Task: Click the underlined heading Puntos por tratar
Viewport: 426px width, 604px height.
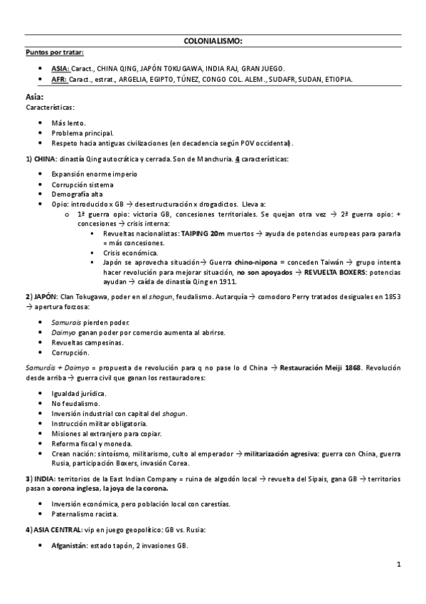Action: pos(54,52)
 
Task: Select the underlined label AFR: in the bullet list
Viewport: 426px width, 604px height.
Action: pos(59,79)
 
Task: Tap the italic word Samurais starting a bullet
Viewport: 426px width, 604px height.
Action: pos(66,322)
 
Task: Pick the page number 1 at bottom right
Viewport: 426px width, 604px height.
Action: pos(399,565)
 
